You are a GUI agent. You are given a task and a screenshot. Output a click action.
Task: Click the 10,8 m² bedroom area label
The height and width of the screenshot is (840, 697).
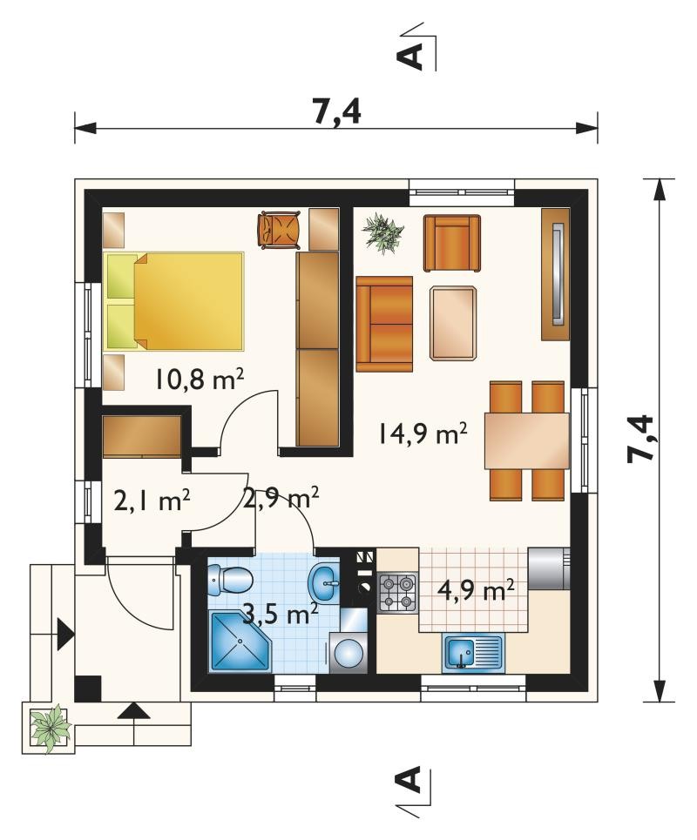[x=200, y=380]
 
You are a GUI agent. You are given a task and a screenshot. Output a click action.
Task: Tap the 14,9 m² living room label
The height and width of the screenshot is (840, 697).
[x=423, y=433]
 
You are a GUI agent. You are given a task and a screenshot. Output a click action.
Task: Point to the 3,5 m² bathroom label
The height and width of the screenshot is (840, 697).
[x=281, y=614]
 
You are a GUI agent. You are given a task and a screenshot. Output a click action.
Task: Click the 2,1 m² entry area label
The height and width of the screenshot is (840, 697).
[x=152, y=501]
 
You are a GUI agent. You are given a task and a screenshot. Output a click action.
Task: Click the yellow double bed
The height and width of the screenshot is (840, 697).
[x=175, y=301]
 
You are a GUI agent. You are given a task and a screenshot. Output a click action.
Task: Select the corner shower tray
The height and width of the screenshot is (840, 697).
[x=241, y=642]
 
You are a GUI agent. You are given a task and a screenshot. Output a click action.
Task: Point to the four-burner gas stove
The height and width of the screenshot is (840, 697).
[x=398, y=593]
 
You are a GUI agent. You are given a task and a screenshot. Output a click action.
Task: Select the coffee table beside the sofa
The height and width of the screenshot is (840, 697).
[x=452, y=322]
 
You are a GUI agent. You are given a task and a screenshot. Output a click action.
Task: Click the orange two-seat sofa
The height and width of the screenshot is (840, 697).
[x=384, y=324]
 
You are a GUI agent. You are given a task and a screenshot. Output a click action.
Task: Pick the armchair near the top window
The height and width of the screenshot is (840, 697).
[x=452, y=243]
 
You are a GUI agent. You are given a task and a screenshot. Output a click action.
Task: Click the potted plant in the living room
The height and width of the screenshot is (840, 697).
[x=382, y=232]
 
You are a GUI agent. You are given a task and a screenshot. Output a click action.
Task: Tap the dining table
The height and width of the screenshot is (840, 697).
[x=526, y=440]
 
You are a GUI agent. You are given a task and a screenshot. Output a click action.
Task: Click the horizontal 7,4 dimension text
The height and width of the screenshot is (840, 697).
[x=337, y=112]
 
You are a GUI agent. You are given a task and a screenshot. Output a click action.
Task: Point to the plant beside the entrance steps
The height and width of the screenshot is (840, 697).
[x=51, y=729]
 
